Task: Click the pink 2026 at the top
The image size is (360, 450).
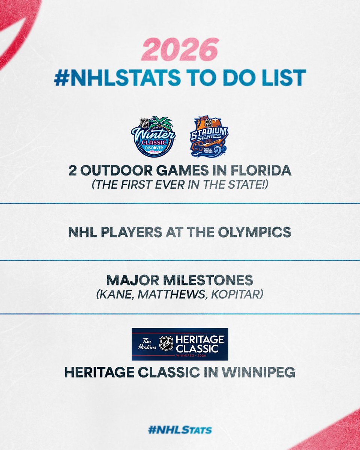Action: click(180, 49)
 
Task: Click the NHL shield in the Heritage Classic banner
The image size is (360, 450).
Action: click(166, 343)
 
